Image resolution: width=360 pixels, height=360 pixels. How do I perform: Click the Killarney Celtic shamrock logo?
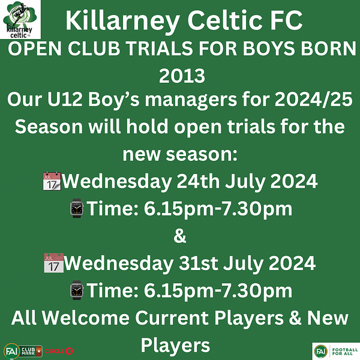(x=20, y=20)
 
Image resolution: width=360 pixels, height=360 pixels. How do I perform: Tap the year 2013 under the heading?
(x=182, y=76)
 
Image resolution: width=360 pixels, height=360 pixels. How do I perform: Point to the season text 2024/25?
(x=313, y=100)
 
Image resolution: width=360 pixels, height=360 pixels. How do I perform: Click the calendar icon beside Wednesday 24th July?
(x=52, y=181)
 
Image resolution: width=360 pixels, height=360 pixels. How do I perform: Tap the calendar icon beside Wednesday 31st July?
(x=54, y=263)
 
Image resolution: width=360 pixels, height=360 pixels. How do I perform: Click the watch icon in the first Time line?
(x=77, y=208)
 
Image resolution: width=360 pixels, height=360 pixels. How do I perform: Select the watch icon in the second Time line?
(x=77, y=290)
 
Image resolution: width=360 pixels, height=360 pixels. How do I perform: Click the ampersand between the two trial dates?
(x=180, y=236)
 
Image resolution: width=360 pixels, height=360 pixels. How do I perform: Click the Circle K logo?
(x=59, y=351)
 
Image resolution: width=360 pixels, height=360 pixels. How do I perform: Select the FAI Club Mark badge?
(x=23, y=351)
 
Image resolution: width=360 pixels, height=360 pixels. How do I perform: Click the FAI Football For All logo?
(x=336, y=351)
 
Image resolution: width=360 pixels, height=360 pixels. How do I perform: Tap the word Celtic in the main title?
(x=224, y=20)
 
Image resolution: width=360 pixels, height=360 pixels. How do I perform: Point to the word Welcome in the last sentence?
(x=85, y=318)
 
